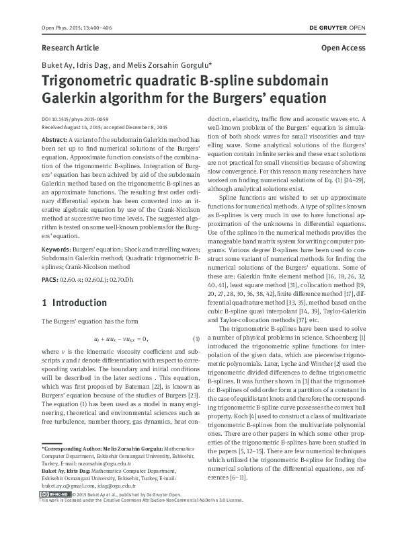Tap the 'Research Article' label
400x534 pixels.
tap(70, 48)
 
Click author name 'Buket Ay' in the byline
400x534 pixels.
tap(55, 65)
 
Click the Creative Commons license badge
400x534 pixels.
tap(50, 513)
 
